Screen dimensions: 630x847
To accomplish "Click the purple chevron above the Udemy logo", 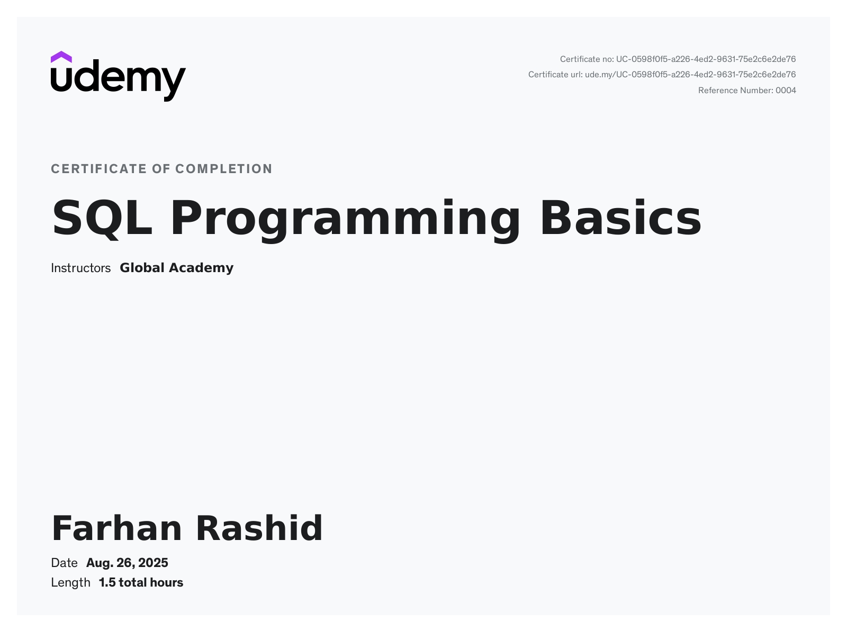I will click(x=61, y=57).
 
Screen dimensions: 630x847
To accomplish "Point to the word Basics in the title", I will click(x=620, y=218).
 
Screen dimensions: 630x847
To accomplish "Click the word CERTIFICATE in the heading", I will click(x=99, y=169).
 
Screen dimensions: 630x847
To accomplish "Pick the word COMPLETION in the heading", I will click(x=224, y=169).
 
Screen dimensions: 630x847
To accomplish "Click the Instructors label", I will click(x=80, y=268).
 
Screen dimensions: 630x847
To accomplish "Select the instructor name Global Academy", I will click(x=176, y=268).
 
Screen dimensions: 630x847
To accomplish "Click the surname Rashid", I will click(x=259, y=528).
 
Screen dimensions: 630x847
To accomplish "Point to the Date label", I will click(x=64, y=563).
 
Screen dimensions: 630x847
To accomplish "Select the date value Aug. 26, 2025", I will click(x=127, y=563).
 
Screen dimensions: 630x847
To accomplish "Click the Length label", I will click(x=70, y=582).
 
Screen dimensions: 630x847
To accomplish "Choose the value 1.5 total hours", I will click(x=141, y=582).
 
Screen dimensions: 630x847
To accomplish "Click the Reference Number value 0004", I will click(x=786, y=91).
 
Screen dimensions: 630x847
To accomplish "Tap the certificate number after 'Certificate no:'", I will click(x=706, y=59).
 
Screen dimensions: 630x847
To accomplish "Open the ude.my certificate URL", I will click(x=690, y=75).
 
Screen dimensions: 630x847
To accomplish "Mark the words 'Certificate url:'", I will click(x=555, y=75).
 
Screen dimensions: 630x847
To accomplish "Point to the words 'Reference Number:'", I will click(x=735, y=91).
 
